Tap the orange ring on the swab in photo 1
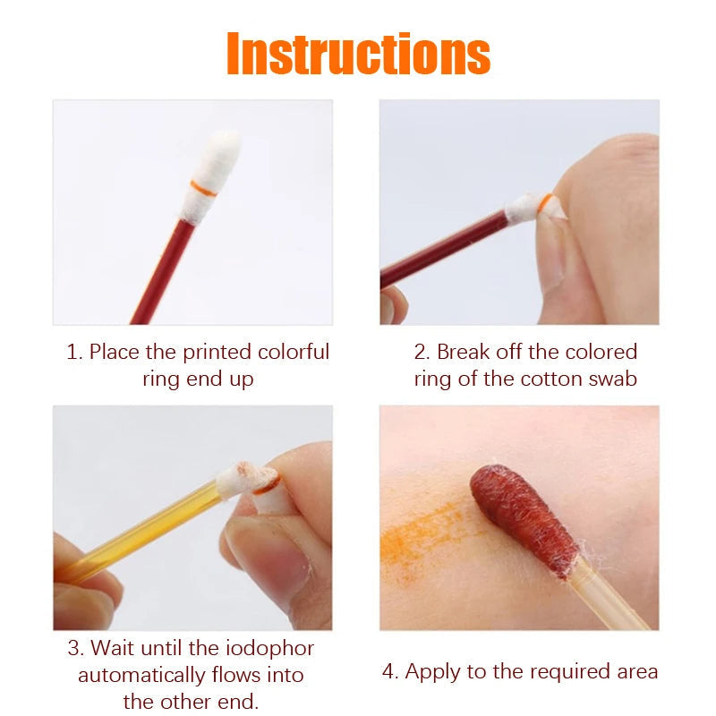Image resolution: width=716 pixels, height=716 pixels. click(204, 188)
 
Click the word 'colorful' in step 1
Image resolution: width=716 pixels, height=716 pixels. click(293, 352)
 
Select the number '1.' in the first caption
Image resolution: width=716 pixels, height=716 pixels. click(75, 352)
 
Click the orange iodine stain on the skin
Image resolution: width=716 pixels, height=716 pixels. click(421, 537)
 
